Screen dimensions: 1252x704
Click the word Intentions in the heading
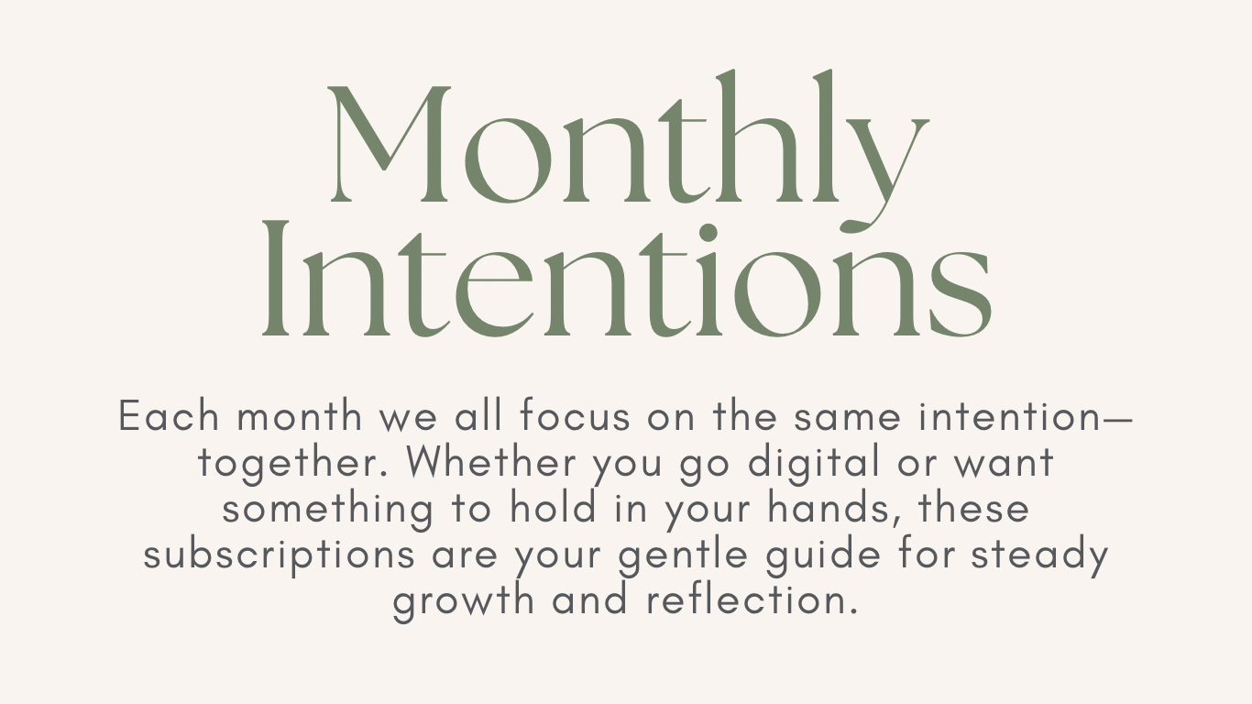(627, 280)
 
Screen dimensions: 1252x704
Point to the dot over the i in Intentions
(708, 233)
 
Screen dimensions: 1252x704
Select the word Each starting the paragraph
(169, 415)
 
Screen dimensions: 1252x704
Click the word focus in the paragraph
(576, 415)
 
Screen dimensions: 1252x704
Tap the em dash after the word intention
(1116, 417)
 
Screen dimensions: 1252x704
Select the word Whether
(491, 461)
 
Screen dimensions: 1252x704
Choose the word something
(328, 510)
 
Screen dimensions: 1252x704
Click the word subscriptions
(280, 555)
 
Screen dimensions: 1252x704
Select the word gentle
(683, 555)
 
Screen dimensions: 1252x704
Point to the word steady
(1039, 555)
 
